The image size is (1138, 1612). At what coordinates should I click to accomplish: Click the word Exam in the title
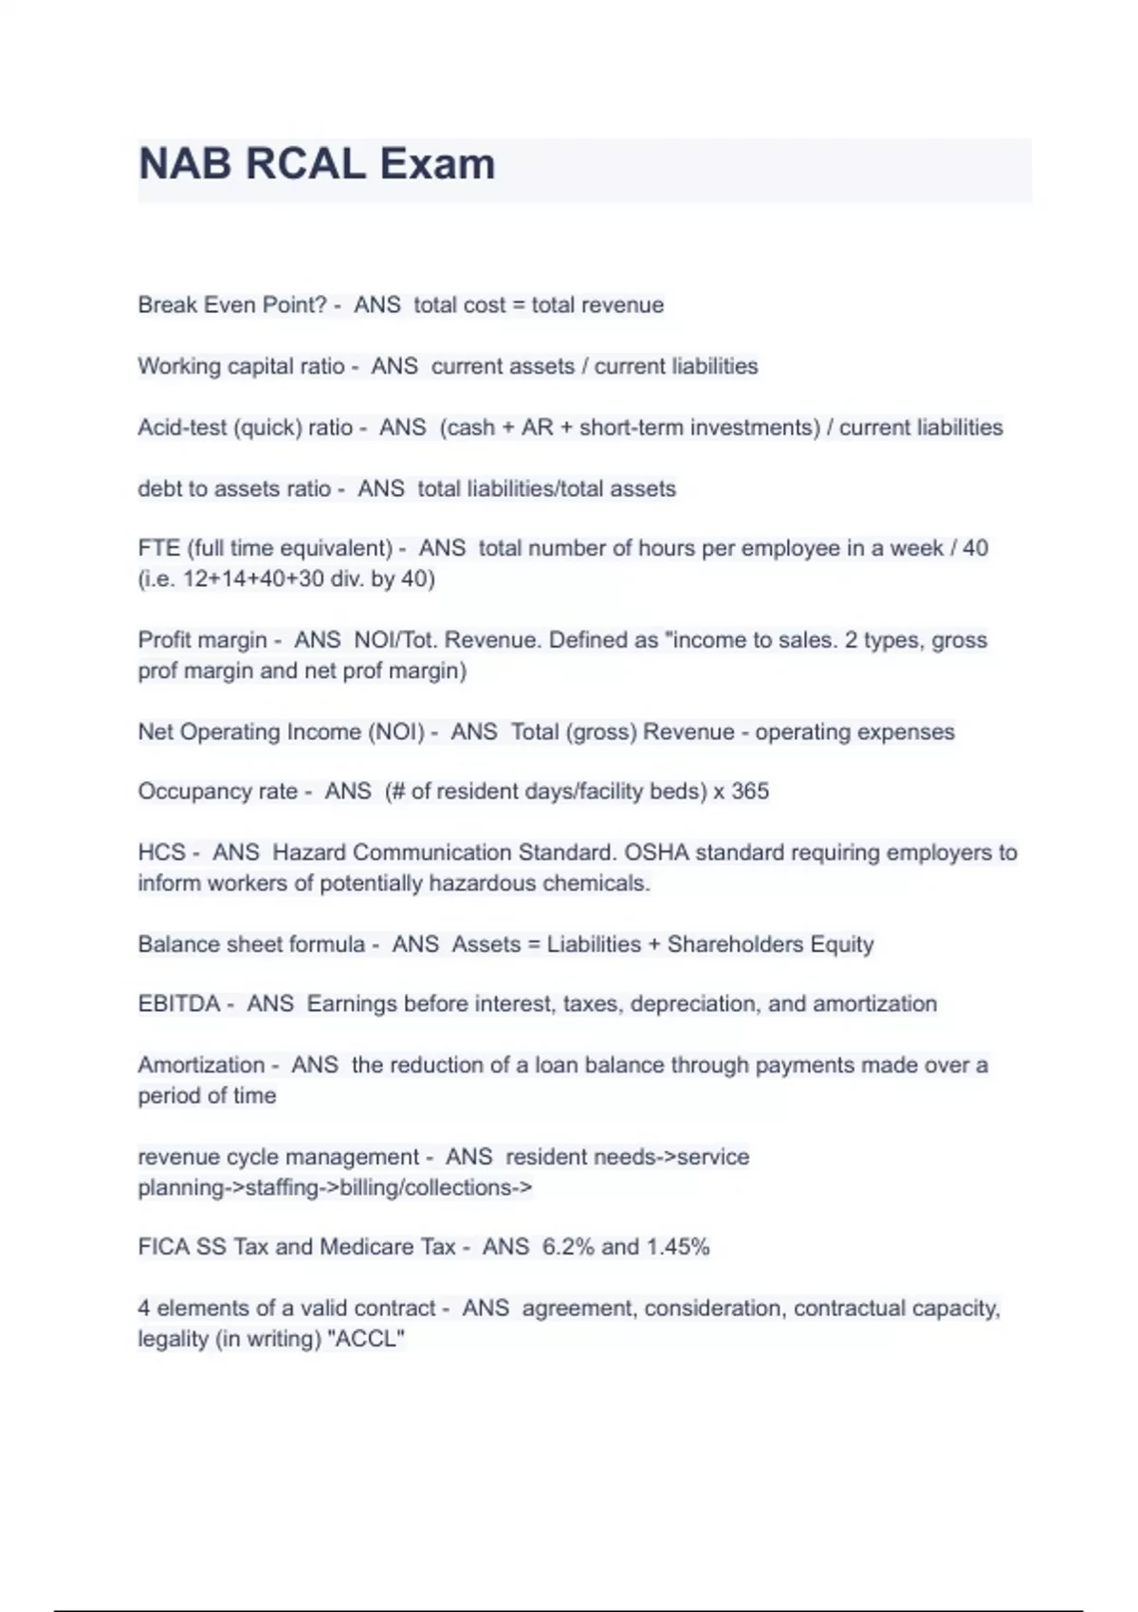point(437,164)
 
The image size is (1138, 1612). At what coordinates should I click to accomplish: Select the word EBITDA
point(178,1004)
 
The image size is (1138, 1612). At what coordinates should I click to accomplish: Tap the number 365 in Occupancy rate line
point(750,792)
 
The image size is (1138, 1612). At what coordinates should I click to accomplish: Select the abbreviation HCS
point(161,852)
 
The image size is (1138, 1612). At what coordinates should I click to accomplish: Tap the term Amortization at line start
point(201,1065)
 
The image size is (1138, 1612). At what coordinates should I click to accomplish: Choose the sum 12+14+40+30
point(253,578)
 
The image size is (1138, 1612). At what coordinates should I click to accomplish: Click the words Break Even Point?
point(232,305)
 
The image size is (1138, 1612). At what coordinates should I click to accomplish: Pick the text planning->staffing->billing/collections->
point(335,1187)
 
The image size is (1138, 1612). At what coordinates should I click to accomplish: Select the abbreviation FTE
point(157,548)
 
